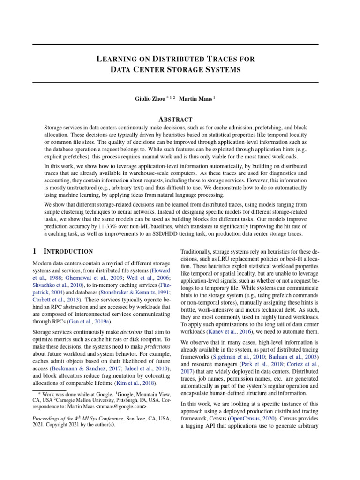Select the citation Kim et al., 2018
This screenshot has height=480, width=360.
click(x=139, y=383)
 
